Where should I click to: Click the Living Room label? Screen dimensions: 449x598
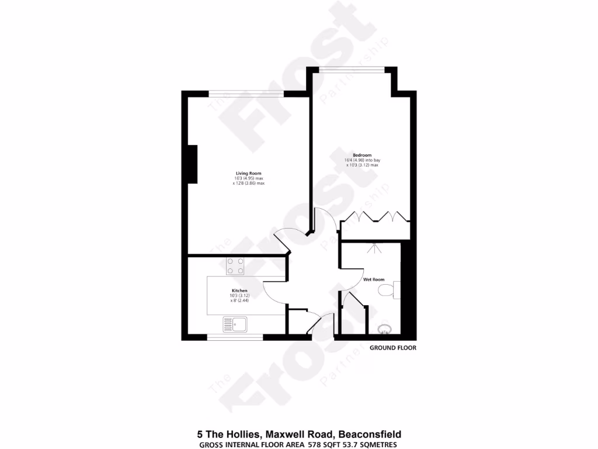tap(248, 173)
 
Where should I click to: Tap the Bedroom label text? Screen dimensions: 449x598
tap(362, 155)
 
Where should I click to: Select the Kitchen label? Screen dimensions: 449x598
tap(239, 291)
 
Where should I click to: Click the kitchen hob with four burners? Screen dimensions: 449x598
tap(236, 266)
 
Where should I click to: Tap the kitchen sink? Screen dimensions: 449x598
tap(235, 323)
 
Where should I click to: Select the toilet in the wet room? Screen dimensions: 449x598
tap(388, 290)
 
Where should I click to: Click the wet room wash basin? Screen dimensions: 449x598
tap(385, 331)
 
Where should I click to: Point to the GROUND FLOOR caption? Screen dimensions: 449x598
tap(392, 348)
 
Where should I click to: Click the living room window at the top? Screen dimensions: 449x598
tap(246, 92)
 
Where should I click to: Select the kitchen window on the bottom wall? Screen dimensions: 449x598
tap(235, 337)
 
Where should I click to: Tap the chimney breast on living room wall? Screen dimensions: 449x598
tap(191, 164)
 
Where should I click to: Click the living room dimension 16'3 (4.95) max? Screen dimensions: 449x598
tap(248, 178)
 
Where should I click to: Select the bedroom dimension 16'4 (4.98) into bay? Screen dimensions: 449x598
tap(363, 160)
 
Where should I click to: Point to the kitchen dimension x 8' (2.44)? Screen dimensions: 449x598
tap(239, 301)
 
